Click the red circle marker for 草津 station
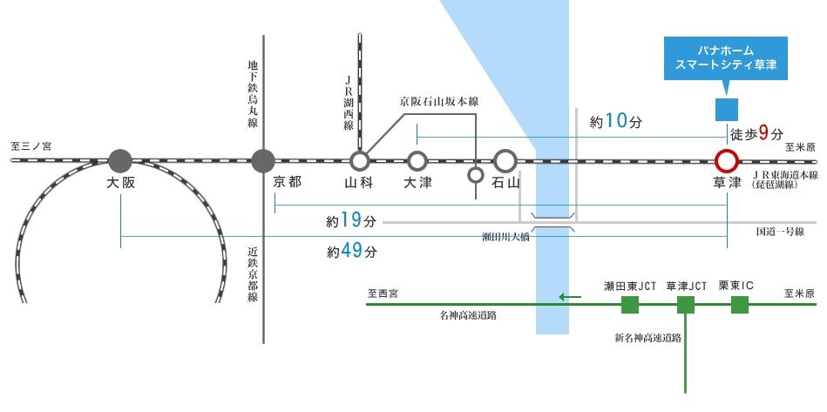(x=726, y=160)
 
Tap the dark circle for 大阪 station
(x=120, y=160)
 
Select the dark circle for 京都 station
(x=262, y=160)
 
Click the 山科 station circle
(x=359, y=160)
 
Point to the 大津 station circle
(x=417, y=160)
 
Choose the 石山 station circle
(x=505, y=160)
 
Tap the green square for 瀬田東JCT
(x=629, y=305)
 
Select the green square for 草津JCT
(x=686, y=305)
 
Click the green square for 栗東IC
(x=739, y=305)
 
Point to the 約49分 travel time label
(x=352, y=252)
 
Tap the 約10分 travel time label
(x=615, y=123)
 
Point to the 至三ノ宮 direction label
(x=31, y=147)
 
